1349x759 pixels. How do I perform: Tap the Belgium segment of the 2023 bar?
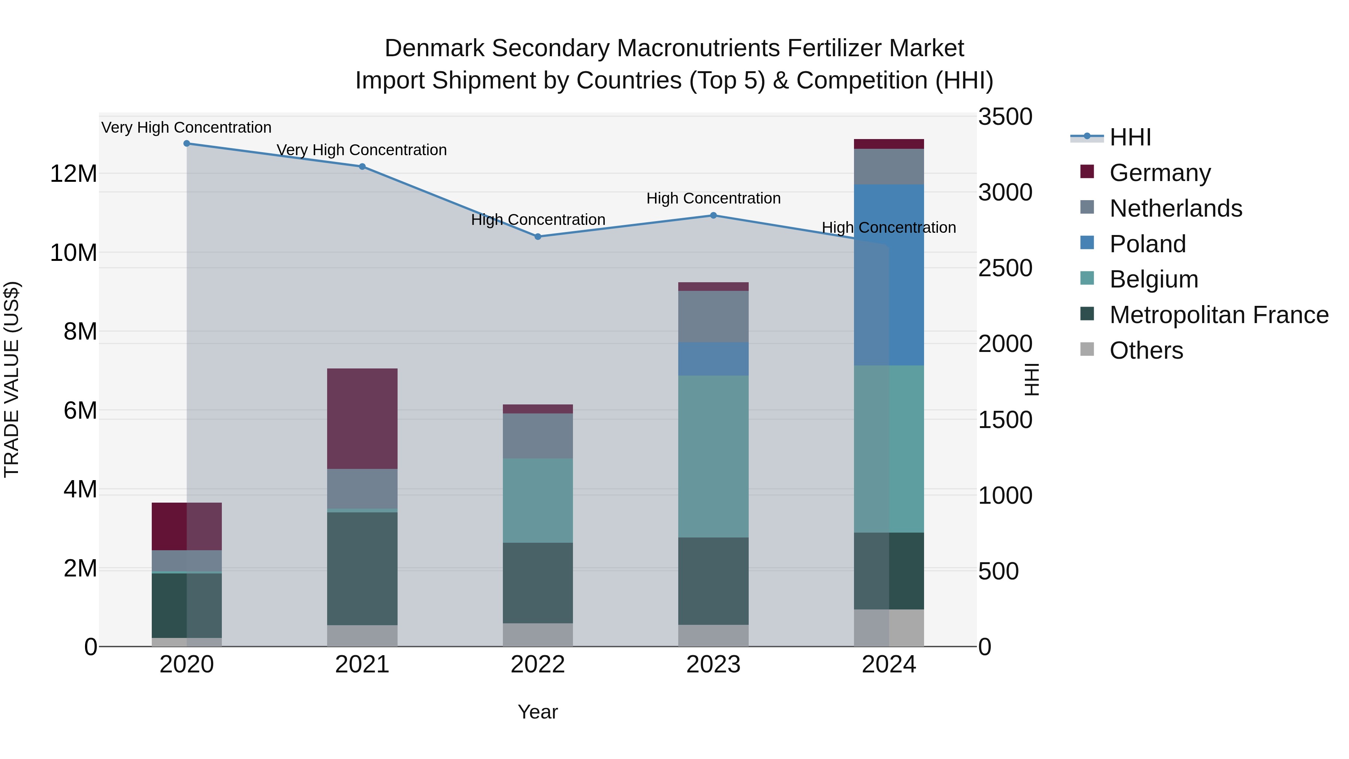(713, 456)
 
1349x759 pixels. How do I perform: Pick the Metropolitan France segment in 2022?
(537, 582)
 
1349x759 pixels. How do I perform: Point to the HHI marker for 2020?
(187, 144)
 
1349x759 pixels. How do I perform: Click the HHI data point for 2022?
(537, 237)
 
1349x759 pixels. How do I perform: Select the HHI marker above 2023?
(713, 215)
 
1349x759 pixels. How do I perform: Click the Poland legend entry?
(1147, 244)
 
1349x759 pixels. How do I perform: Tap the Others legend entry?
(1146, 350)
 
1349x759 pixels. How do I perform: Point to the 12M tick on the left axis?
(73, 174)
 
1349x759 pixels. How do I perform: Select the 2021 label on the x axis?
(362, 665)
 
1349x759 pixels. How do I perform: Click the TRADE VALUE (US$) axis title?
(12, 379)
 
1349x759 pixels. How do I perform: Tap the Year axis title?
(537, 712)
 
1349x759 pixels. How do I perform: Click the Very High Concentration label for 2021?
(362, 150)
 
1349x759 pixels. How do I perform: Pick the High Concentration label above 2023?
(713, 199)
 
